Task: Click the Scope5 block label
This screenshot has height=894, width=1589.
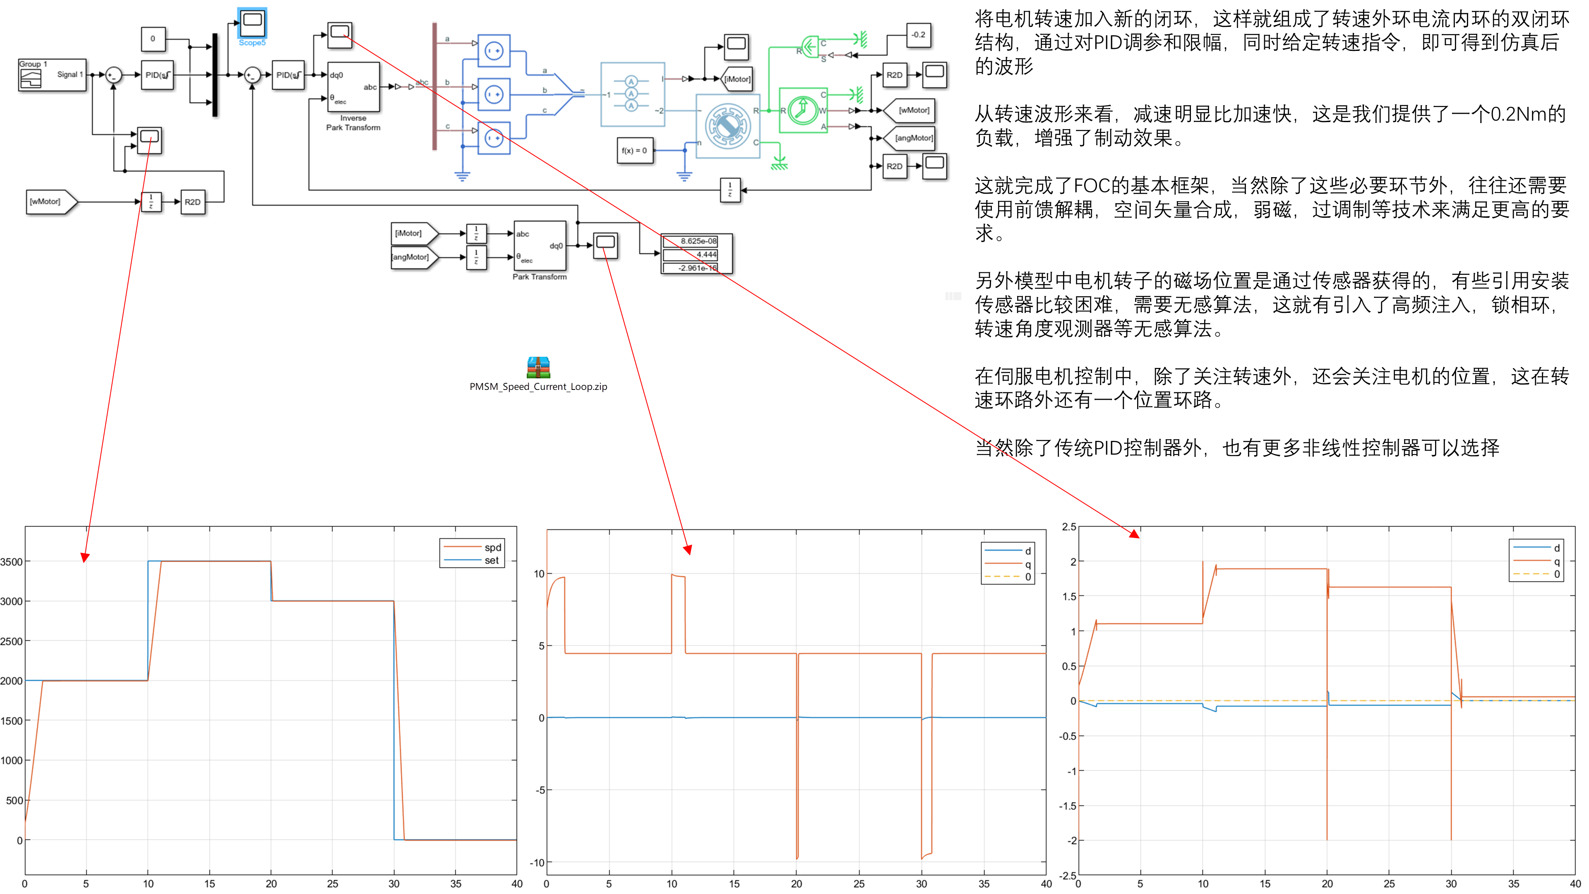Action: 252,43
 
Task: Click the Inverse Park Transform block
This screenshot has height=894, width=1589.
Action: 353,87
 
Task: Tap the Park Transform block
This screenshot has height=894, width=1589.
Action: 540,245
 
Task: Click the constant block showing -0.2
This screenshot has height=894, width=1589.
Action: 918,35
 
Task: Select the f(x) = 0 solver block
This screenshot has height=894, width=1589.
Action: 634,151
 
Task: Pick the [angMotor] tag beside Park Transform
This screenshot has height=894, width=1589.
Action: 411,257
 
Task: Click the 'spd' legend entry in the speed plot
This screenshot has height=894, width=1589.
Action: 492,547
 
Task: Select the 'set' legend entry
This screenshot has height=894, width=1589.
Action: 491,561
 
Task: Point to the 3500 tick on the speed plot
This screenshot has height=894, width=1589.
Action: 11,562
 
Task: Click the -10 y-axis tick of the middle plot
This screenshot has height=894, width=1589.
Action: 537,863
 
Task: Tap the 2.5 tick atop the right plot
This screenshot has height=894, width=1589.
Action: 1068,527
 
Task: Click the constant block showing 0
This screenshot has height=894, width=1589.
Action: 153,39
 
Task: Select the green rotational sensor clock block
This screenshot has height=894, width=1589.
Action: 802,111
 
